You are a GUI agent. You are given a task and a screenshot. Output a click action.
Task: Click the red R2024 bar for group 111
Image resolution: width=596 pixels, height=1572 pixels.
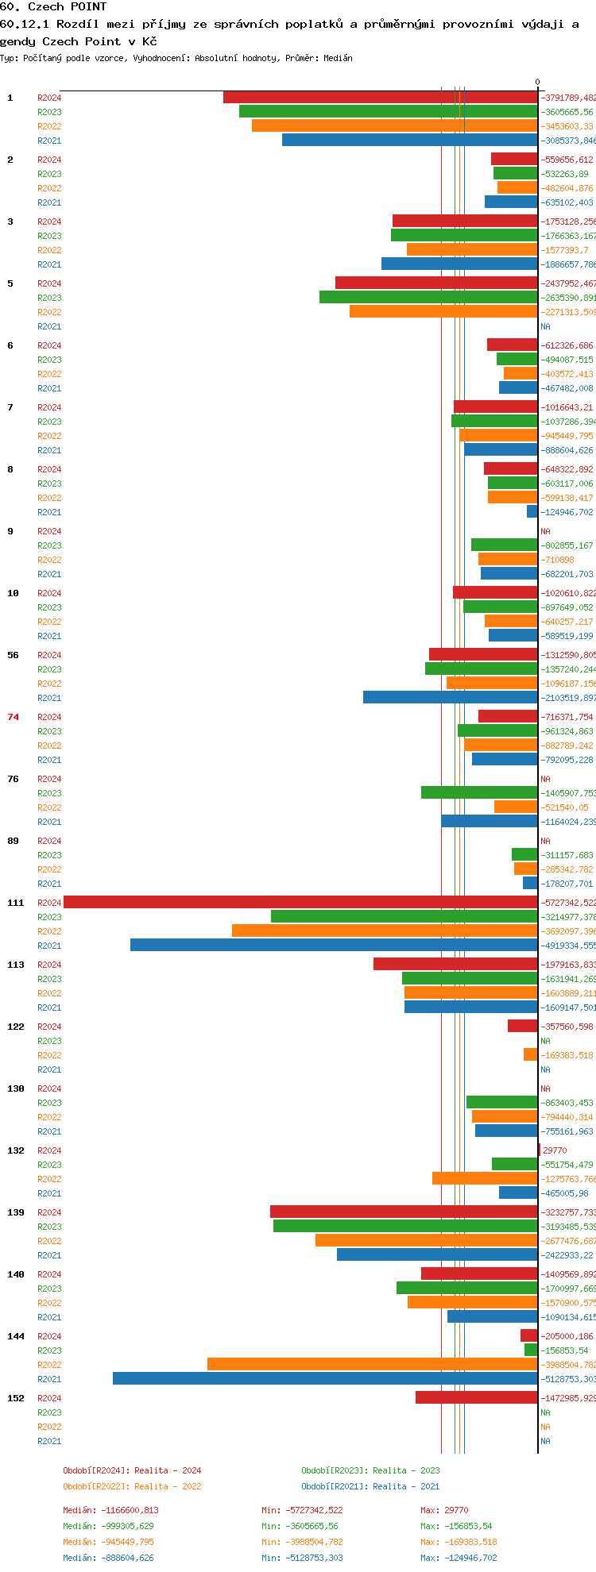[300, 902]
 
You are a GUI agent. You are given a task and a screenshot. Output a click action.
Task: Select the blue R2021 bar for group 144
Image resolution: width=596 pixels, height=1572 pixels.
[325, 1378]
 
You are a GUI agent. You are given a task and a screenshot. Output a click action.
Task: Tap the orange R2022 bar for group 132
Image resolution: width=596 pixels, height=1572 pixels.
[485, 1178]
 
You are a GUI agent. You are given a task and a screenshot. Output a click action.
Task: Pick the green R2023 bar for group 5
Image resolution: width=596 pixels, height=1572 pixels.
[428, 297]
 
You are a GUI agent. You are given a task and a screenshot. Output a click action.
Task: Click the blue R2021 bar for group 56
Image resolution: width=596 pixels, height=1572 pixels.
[450, 697]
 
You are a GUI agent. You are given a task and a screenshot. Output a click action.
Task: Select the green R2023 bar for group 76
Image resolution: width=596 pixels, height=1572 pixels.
[479, 792]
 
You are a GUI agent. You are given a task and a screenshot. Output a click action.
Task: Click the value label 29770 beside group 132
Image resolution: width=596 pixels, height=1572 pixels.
[555, 1150]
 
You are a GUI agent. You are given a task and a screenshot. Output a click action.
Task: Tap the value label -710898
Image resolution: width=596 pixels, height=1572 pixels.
[558, 560]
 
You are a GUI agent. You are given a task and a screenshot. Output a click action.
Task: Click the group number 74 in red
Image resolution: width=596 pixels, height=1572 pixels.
[13, 717]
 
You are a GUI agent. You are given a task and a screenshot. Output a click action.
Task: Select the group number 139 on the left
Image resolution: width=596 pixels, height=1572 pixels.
[15, 1212]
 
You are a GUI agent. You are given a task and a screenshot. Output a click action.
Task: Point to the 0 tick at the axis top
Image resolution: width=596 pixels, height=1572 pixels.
[537, 83]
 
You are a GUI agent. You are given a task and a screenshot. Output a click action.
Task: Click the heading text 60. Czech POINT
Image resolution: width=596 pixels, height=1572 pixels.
[53, 7]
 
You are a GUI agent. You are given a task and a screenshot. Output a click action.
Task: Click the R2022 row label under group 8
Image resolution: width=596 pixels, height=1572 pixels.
[49, 498]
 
